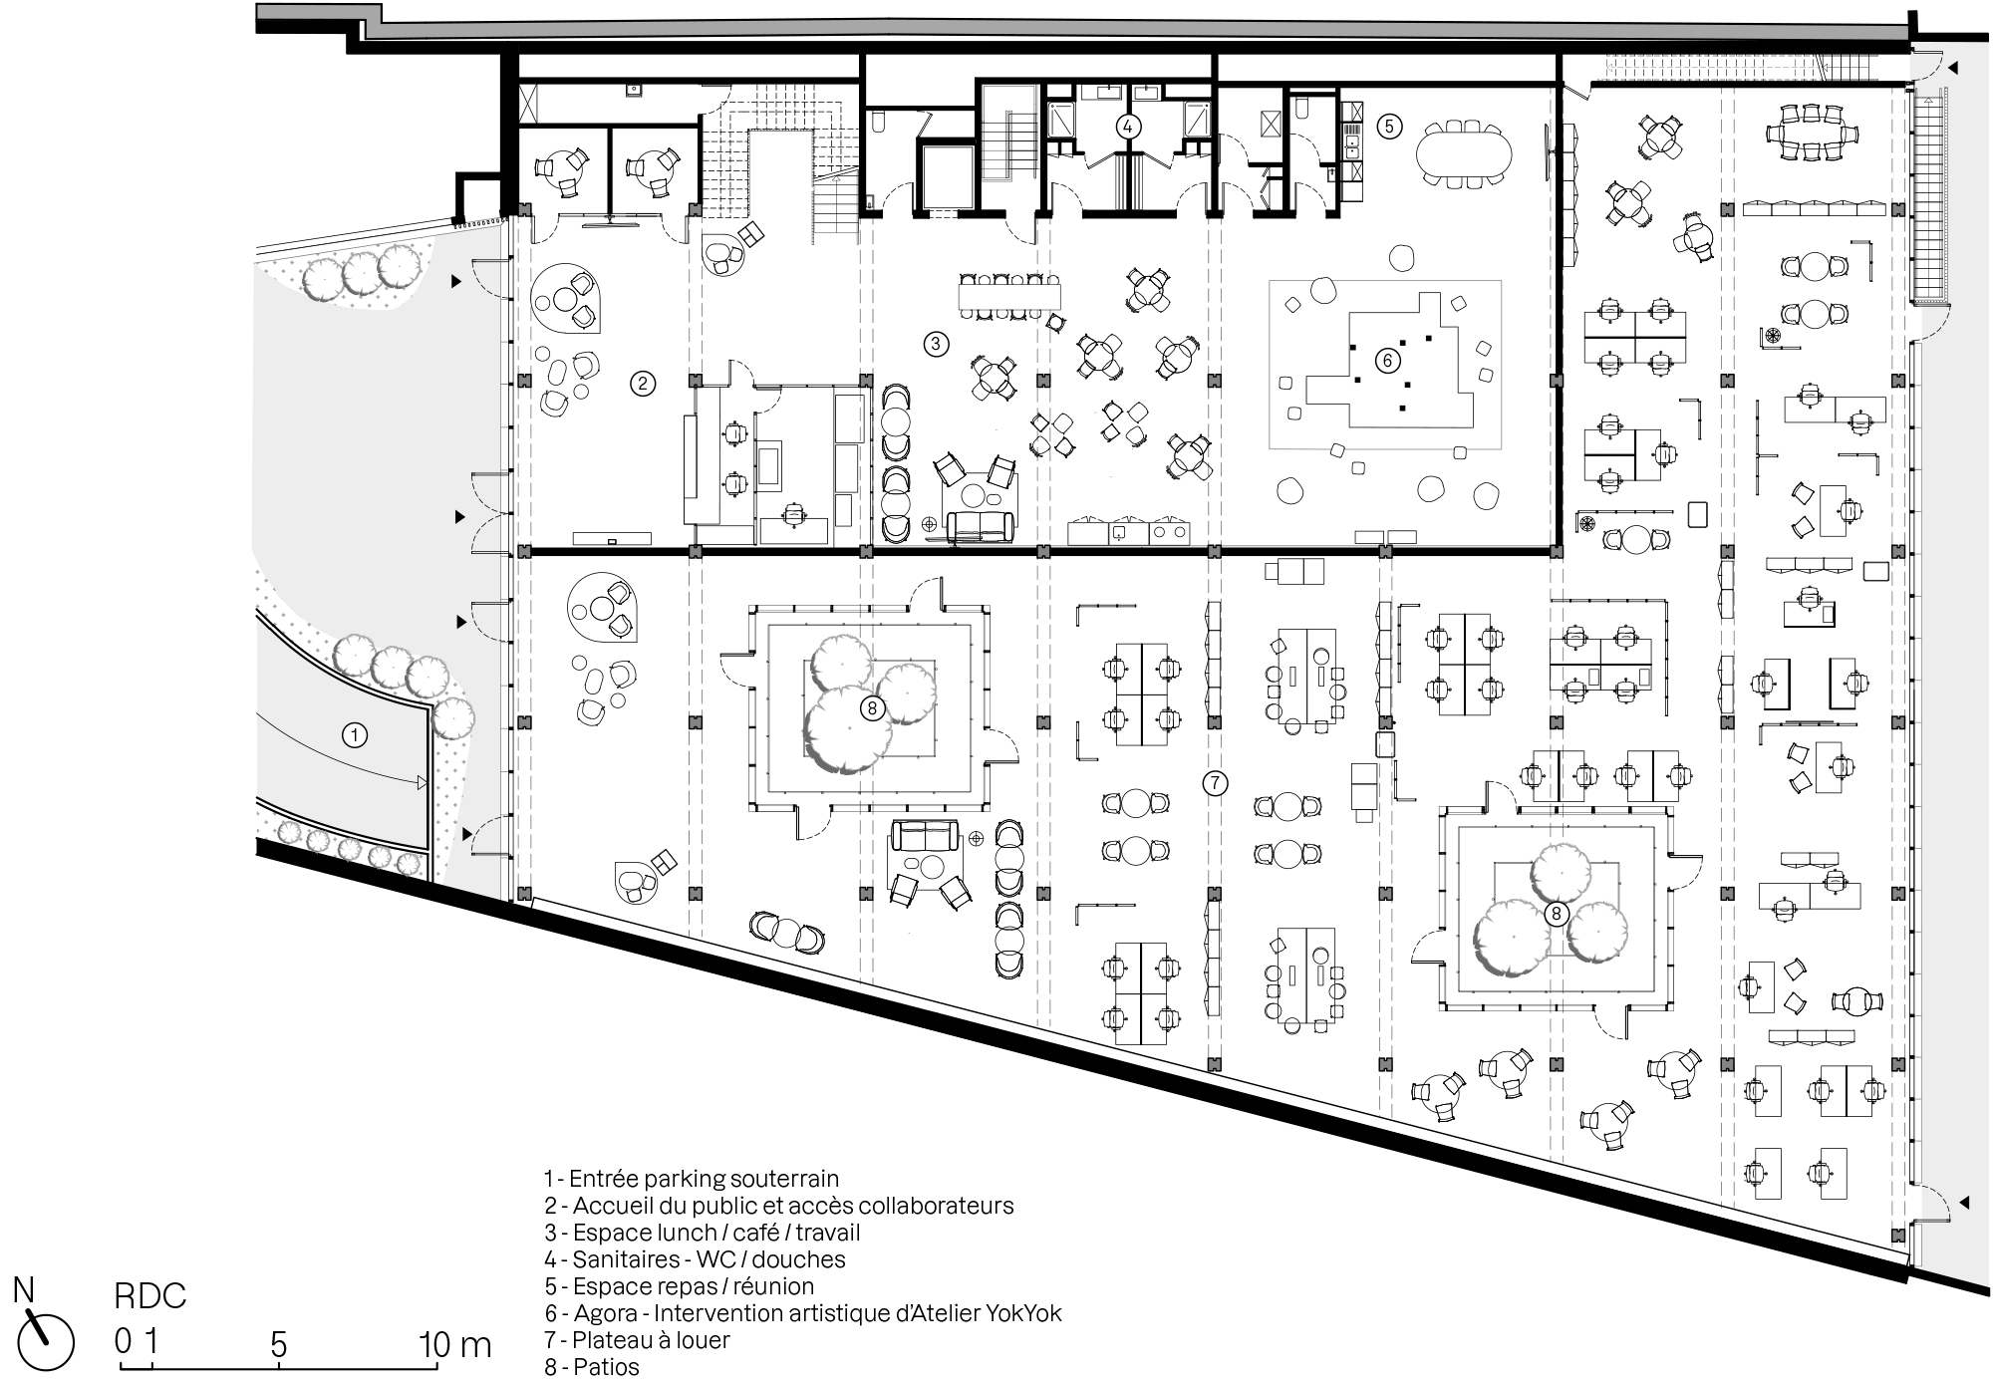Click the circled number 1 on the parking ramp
point(354,735)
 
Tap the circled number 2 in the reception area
point(644,383)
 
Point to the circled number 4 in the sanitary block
point(1127,127)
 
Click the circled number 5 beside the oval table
point(1389,126)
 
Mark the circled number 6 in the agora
point(1387,360)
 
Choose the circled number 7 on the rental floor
point(1215,783)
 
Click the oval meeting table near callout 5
point(1463,152)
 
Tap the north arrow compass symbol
point(45,1341)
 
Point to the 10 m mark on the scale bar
point(455,1346)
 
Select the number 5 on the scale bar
point(278,1346)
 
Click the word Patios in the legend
point(605,1366)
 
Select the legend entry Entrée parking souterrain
point(692,1179)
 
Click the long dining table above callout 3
point(1008,296)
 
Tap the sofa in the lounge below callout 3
point(981,526)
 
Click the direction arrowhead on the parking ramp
point(422,783)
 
